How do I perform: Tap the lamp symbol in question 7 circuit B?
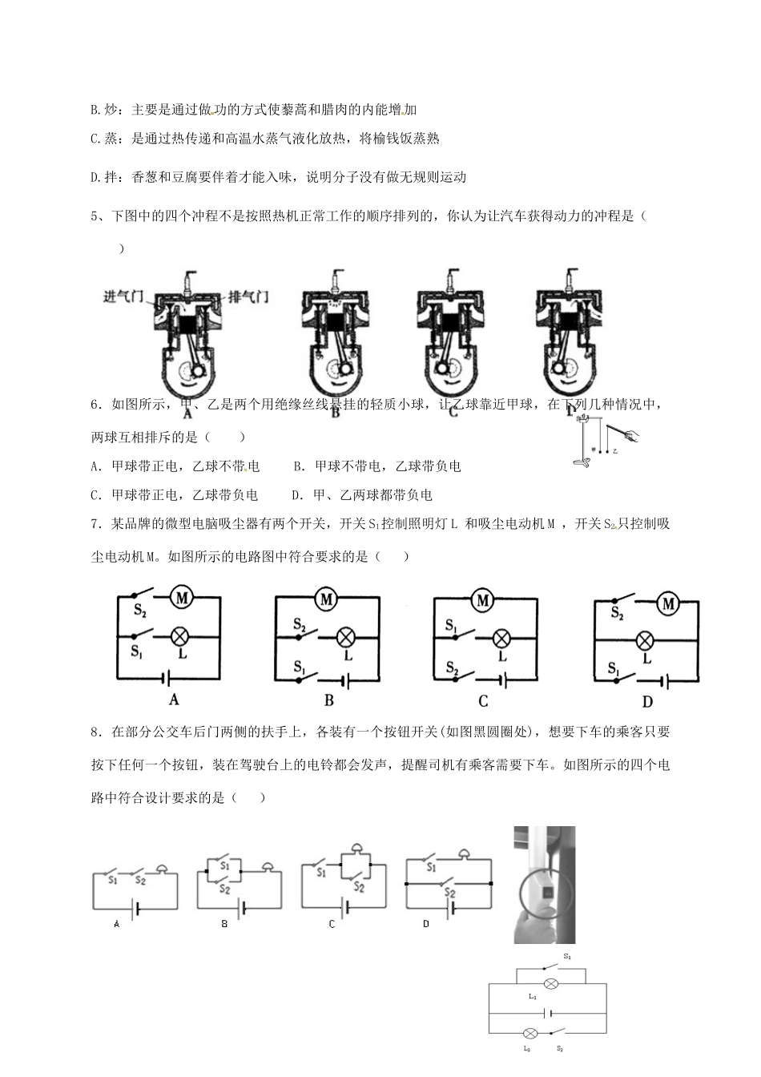(346, 637)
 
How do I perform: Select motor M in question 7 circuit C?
(482, 599)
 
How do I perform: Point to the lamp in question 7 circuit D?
(646, 639)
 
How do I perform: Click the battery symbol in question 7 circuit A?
(167, 678)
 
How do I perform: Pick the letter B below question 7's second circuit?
(328, 700)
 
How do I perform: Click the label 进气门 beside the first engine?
(123, 297)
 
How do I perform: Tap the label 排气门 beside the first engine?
(248, 297)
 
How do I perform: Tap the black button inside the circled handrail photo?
(548, 891)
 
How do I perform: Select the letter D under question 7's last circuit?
(647, 702)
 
